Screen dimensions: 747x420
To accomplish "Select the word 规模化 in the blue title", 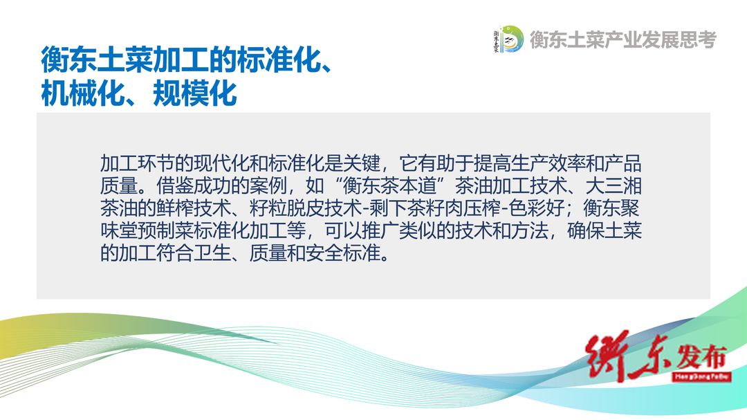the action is point(195,93).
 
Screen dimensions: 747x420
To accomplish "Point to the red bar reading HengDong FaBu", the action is point(702,376).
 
